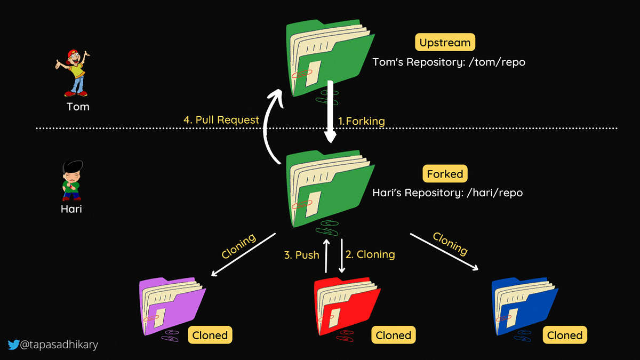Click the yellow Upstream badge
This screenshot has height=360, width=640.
[445, 42]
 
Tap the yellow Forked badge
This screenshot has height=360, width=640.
[445, 173]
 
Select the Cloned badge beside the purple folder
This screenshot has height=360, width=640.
[210, 335]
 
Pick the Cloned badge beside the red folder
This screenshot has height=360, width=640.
[393, 335]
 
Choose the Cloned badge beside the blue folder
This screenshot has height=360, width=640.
[565, 335]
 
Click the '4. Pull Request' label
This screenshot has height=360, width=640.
[221, 120]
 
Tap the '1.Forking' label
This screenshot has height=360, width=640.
[362, 121]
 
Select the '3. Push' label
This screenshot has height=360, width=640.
[301, 254]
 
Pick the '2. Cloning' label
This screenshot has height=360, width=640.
[370, 254]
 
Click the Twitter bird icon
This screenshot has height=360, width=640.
[13, 345]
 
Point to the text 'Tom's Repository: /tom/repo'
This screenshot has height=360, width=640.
[449, 62]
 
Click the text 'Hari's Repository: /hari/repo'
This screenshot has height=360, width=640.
[447, 193]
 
